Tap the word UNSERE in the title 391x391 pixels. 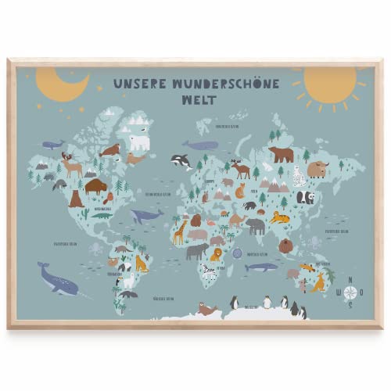pos(139,82)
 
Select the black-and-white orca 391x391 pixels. pos(181,162)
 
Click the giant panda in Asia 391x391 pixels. pos(305,198)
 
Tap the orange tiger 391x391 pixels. pos(279,217)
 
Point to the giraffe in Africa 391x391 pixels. pos(180,231)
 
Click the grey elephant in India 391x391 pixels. pos(256,226)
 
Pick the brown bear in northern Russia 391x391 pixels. pos(281,154)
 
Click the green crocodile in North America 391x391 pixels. pos(102,237)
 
